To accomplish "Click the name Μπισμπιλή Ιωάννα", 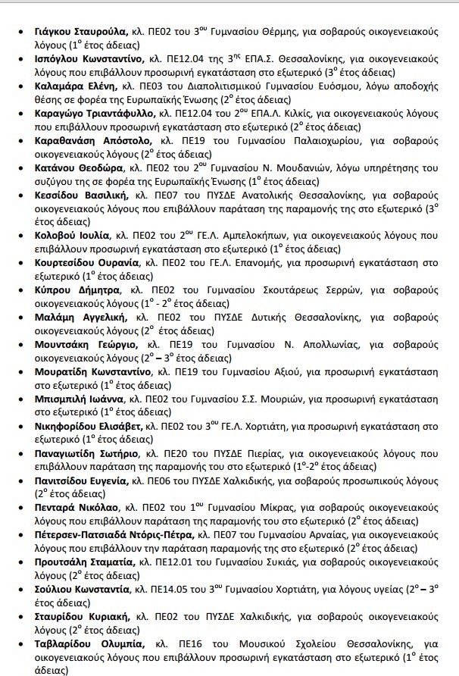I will coord(79,400).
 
